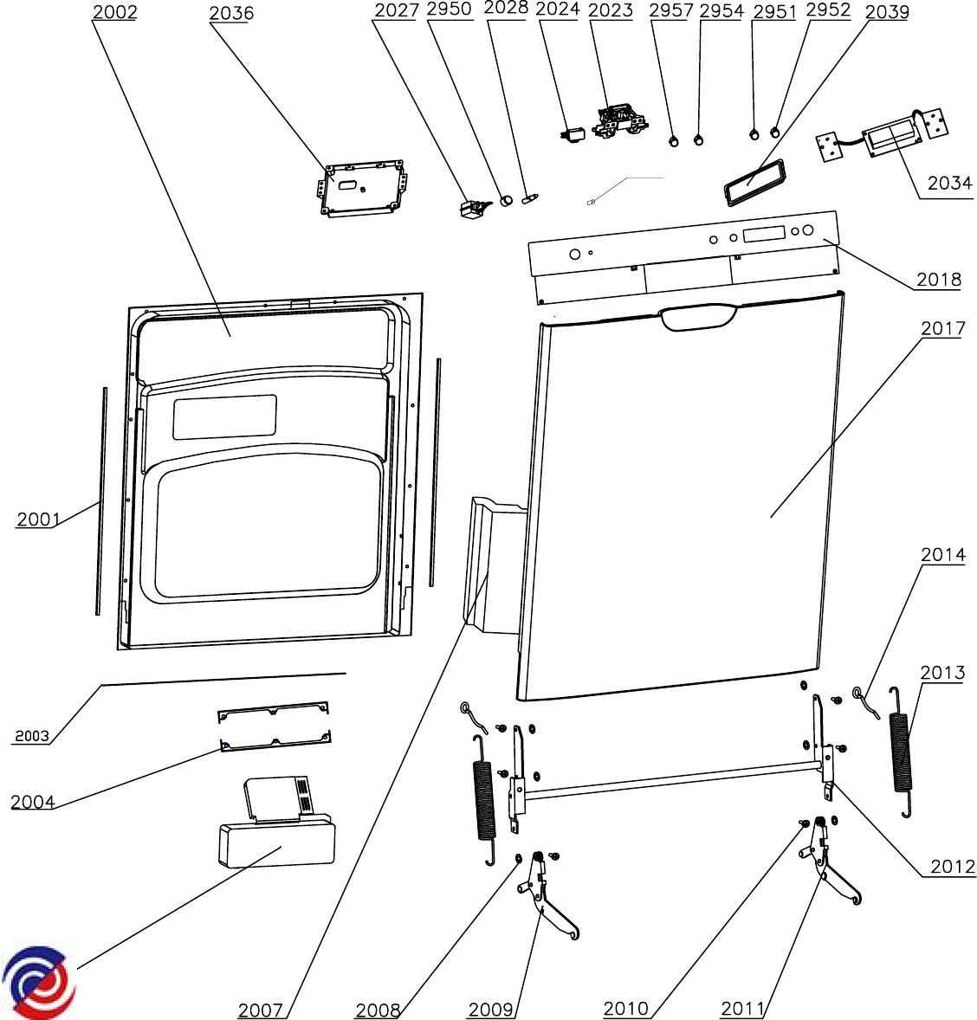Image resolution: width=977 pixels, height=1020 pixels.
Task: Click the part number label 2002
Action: click(x=113, y=12)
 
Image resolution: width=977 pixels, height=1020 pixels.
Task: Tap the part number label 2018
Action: click(x=939, y=280)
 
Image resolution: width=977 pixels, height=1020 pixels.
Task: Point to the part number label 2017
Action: click(x=942, y=328)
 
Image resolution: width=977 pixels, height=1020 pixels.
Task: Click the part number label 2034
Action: click(x=949, y=184)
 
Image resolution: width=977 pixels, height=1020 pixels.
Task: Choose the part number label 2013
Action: click(x=942, y=673)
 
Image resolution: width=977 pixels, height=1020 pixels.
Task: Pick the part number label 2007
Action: click(x=260, y=1010)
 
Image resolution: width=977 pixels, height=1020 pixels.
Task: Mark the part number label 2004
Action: click(x=33, y=802)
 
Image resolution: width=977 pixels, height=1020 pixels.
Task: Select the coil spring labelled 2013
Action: click(x=902, y=751)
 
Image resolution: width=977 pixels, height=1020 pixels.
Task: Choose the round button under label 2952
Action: click(x=774, y=132)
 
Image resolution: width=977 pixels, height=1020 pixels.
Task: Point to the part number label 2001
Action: click(x=38, y=520)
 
